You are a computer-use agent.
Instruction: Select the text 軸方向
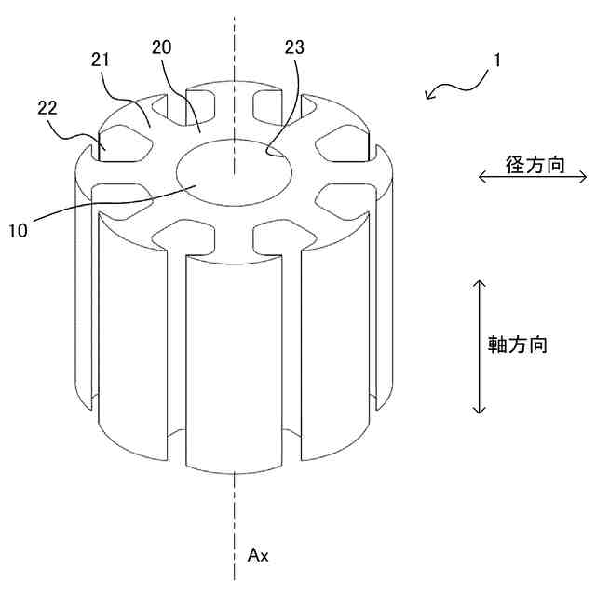517,344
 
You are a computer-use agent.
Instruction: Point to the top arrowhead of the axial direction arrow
479,281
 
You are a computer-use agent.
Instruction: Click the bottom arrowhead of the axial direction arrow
479,410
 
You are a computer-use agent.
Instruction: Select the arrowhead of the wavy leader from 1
427,95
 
